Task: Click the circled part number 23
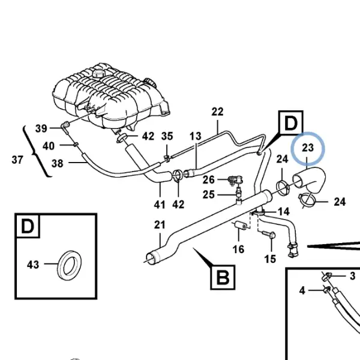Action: [308, 148]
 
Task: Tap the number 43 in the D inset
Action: [33, 265]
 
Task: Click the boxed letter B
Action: [223, 277]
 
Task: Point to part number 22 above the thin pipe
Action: [217, 112]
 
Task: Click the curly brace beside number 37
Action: [37, 152]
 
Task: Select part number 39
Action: [41, 128]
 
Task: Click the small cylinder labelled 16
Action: [240, 225]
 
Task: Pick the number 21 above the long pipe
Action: [160, 225]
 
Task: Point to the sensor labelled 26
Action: [235, 179]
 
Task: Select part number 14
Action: [284, 212]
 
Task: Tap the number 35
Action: [167, 136]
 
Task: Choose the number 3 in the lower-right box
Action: [353, 276]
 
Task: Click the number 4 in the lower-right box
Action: [302, 290]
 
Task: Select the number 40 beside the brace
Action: [49, 146]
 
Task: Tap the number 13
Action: [196, 136]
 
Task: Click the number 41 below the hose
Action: [160, 205]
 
